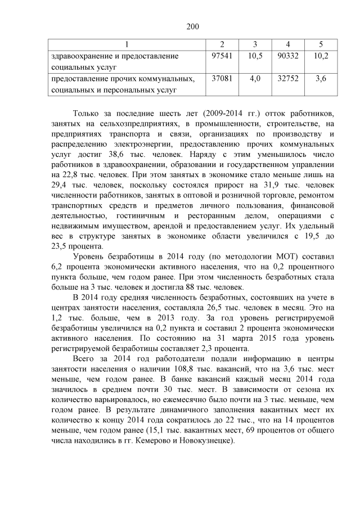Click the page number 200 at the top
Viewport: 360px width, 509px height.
pyautogui.click(x=180, y=26)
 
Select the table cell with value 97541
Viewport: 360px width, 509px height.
pyautogui.click(x=221, y=56)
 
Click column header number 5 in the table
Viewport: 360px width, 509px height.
pyautogui.click(x=321, y=44)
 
